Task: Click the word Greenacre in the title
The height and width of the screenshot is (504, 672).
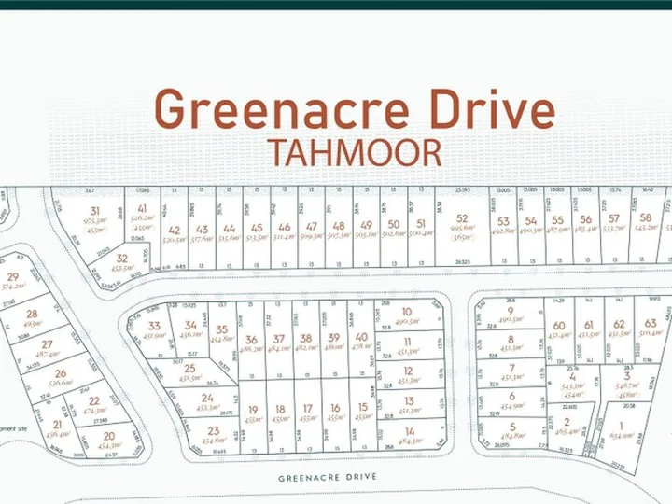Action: click(281, 110)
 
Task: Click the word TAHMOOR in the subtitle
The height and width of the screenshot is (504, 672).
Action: click(354, 152)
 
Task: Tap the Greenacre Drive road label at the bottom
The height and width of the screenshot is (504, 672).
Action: click(328, 477)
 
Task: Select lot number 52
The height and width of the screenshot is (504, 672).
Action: click(461, 219)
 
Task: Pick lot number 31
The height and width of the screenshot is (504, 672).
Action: click(93, 211)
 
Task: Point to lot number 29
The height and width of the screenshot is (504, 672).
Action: click(12, 277)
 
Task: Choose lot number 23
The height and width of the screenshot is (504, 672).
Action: click(214, 430)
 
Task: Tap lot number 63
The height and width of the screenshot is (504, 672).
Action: click(651, 324)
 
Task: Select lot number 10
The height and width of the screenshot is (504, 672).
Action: click(407, 313)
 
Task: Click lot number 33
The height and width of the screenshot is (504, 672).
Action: click(154, 326)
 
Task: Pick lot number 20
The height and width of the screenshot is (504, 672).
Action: click(109, 436)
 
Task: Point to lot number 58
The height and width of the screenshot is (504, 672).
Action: click(646, 218)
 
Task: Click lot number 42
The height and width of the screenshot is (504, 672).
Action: click(174, 229)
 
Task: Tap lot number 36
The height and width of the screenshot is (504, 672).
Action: click(250, 340)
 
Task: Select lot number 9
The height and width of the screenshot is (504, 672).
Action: click(511, 311)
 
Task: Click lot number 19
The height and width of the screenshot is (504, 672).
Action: click(252, 409)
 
